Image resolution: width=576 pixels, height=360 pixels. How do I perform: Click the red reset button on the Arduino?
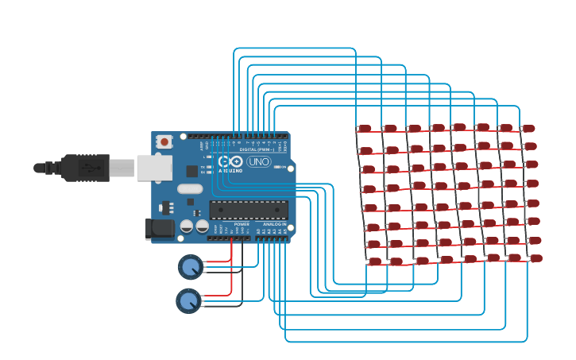pos(164,142)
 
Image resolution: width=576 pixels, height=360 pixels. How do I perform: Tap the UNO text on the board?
pos(259,162)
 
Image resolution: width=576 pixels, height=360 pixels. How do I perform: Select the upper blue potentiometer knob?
pos(190,266)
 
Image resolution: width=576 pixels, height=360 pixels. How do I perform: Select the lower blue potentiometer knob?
pos(188,300)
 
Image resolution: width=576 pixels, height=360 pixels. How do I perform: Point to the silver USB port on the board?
pos(154,168)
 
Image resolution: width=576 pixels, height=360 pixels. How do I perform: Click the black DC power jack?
pos(160,229)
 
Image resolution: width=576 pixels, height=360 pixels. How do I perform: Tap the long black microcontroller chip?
pos(249,209)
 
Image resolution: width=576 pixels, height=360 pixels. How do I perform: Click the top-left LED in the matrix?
pos(364,128)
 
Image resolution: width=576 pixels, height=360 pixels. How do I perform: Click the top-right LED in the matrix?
pos(528,128)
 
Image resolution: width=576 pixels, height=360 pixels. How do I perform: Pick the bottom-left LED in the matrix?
pos(375,261)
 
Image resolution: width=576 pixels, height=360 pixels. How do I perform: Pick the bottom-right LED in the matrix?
pos(536,258)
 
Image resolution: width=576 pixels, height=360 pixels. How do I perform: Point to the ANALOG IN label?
pos(275,224)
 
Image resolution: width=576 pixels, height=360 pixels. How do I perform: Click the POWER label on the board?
pos(241,224)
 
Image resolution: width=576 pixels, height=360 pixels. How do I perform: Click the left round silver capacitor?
pos(185,226)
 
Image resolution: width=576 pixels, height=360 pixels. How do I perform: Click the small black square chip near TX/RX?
pos(191,171)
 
